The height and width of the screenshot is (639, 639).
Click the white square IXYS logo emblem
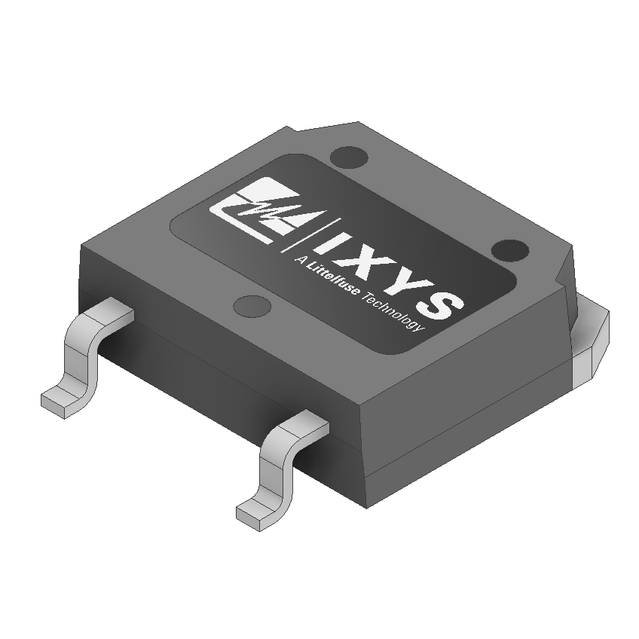[x=255, y=212]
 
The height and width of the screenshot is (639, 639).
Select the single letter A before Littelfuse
[x=300, y=264]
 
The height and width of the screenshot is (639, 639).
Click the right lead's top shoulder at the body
[x=305, y=426]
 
